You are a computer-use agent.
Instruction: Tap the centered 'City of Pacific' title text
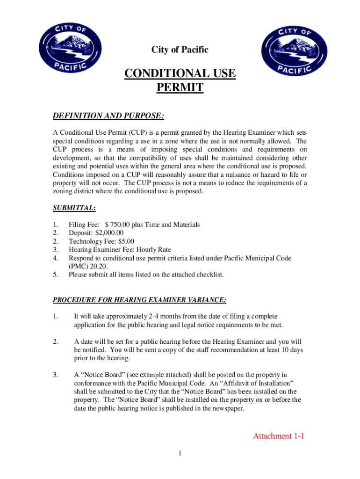coord(180,50)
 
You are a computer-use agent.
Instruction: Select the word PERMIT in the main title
coord(180,87)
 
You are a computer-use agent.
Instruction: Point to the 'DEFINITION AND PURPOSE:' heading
coord(108,116)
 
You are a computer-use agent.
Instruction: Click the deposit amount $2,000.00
coord(109,233)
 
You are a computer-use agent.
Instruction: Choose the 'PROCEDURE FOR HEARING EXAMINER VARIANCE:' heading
coord(140,299)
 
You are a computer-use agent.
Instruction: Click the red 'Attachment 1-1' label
coord(279,436)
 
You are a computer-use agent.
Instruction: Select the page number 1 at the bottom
coord(180,453)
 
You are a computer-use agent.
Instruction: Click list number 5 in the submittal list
coord(55,275)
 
